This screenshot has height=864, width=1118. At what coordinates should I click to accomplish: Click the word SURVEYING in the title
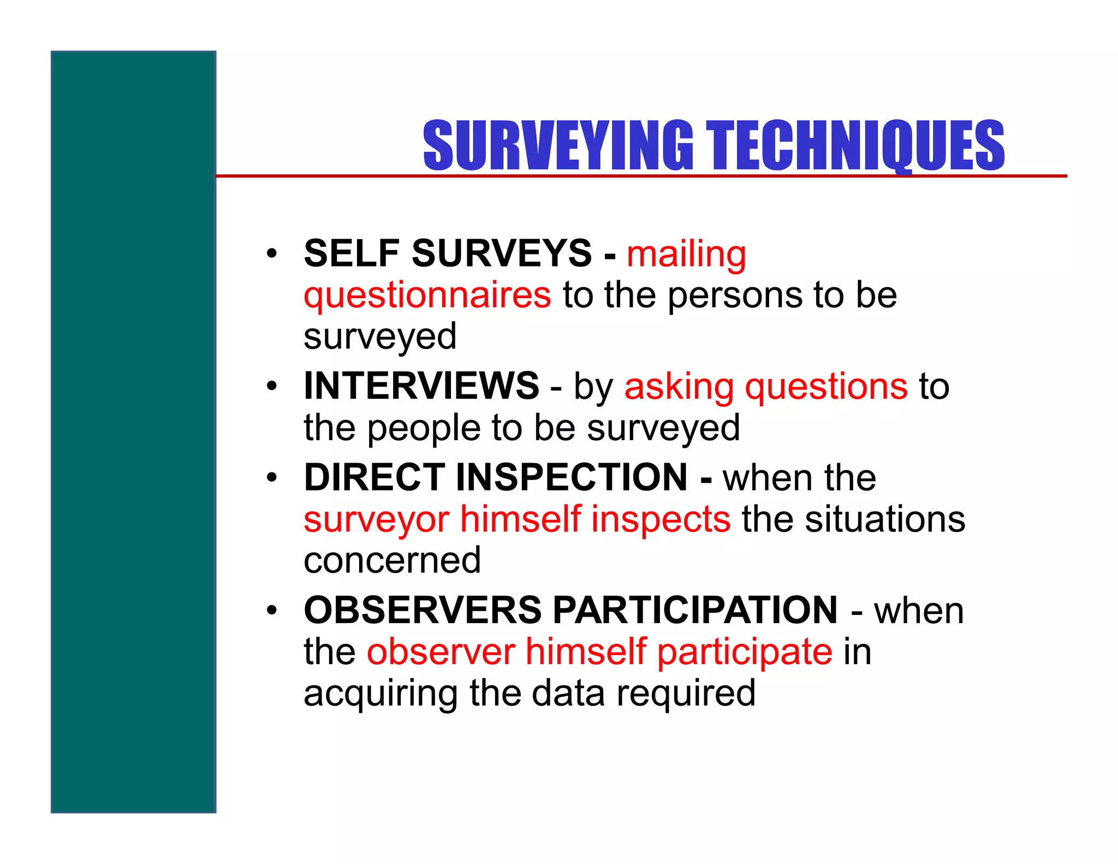click(557, 145)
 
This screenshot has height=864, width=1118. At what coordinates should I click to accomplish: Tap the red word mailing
click(686, 255)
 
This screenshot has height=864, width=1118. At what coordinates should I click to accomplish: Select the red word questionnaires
click(427, 296)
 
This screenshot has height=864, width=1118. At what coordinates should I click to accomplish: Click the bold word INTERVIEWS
click(421, 386)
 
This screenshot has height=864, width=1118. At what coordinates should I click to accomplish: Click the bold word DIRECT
click(374, 477)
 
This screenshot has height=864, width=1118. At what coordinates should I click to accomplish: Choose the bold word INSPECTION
click(571, 477)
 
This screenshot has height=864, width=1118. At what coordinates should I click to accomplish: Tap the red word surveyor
click(376, 520)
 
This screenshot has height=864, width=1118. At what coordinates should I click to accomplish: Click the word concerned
click(392, 560)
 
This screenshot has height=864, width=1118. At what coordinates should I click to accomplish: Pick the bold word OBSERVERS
click(423, 610)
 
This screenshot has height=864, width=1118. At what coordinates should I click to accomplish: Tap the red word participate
click(745, 653)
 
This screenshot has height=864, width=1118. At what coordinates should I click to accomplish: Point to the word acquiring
click(380, 694)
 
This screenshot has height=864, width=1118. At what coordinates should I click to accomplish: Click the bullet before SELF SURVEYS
click(272, 254)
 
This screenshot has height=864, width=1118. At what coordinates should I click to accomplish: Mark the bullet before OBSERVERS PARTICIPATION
click(272, 610)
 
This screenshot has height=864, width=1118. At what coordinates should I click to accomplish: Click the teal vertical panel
click(133, 431)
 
